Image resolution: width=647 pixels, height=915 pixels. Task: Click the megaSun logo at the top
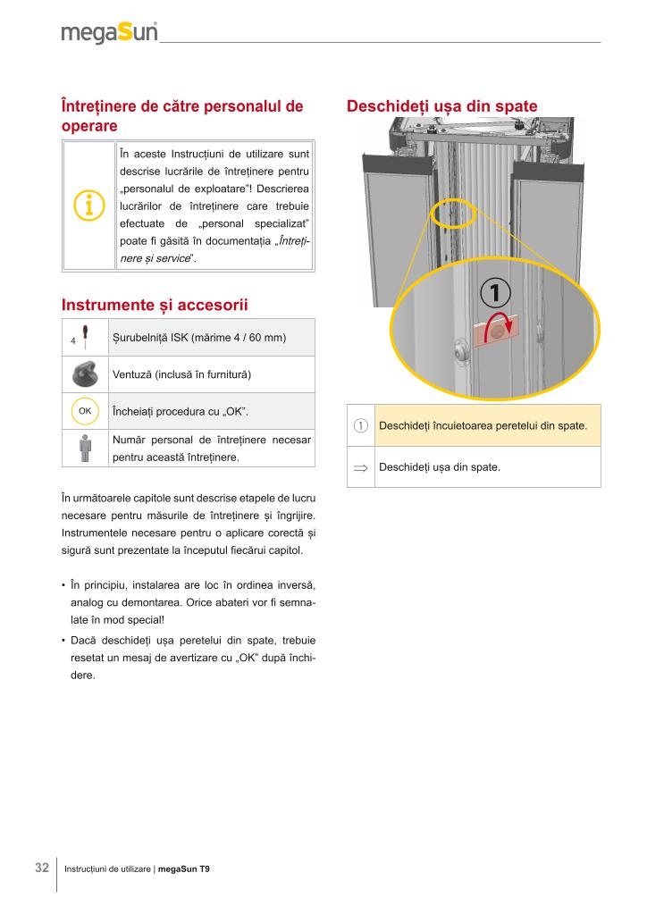coord(109,33)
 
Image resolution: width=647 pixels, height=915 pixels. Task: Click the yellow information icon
coord(88,206)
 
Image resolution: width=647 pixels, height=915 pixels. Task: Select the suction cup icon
coord(86,373)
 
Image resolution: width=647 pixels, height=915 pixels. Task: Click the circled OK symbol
coord(86,411)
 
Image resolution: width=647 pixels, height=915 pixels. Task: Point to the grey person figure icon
coord(86,449)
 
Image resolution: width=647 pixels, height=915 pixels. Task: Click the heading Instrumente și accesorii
coord(154,305)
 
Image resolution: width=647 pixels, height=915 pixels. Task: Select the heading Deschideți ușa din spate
coord(441,106)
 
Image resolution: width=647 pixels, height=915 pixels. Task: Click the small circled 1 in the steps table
coord(361,425)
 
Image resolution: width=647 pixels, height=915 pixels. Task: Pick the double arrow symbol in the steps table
coord(361,467)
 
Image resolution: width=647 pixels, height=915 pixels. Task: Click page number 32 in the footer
coord(42,868)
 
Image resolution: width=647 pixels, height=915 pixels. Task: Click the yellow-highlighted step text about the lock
coord(483,425)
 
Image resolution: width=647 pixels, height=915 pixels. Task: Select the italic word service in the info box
coord(171,259)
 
